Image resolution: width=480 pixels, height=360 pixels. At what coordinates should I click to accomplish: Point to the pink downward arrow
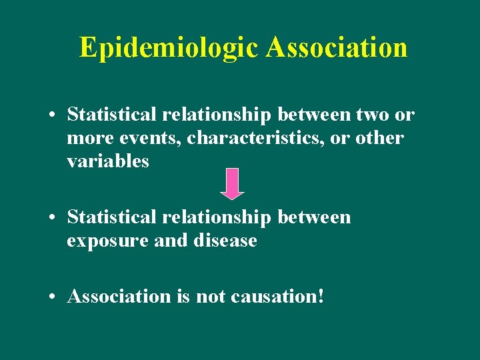[x=232, y=183]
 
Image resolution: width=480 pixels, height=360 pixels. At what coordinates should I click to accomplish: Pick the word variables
[x=108, y=161]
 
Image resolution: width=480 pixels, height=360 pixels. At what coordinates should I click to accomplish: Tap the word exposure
[x=108, y=241]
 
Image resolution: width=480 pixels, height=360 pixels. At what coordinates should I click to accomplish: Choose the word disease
[x=224, y=241]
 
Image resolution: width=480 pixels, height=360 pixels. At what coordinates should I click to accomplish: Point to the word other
[x=380, y=138]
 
